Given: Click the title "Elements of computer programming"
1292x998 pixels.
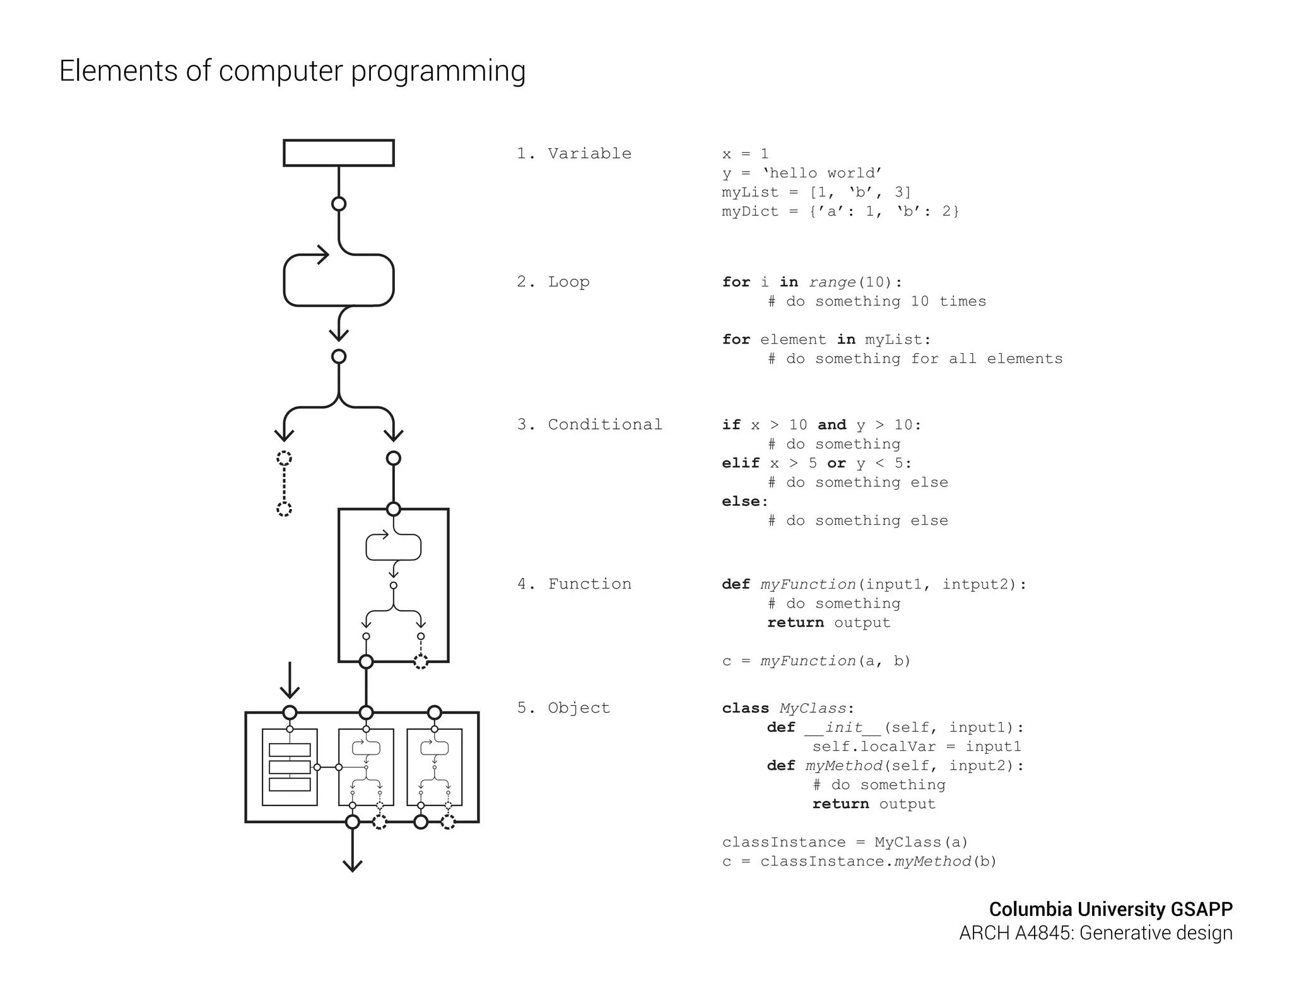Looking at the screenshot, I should point(292,71).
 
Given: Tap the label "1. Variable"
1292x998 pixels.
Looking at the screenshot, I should point(573,153).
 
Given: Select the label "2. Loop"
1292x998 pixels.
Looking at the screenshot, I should point(553,282).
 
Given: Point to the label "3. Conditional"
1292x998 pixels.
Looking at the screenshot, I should point(589,425).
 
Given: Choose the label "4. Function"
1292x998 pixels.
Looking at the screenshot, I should point(573,584).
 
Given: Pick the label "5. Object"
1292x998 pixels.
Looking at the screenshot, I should point(563,708).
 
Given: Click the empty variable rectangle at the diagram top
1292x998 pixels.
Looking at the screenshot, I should point(339,153).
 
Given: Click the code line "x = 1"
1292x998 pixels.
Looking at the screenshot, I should point(745,154).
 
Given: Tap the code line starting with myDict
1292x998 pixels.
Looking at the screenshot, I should point(840,211).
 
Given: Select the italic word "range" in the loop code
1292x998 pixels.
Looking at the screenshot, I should point(832,282).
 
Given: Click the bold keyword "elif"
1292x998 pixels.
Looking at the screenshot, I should point(741,463).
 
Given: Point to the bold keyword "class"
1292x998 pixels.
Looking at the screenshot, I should point(745,708).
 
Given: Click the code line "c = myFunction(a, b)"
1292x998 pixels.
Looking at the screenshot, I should point(816,661).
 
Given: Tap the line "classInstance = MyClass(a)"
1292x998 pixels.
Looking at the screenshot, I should point(845,842).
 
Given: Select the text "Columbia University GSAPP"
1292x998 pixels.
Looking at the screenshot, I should point(1110,909).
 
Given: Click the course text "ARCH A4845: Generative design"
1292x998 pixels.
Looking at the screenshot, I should point(1096,933).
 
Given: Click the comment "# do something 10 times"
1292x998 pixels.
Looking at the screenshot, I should point(877,302).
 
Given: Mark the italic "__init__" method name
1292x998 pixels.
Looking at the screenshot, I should point(843,727).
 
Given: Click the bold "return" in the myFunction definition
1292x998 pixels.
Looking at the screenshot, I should point(795,623).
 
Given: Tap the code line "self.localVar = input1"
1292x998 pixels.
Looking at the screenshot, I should point(916,747).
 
